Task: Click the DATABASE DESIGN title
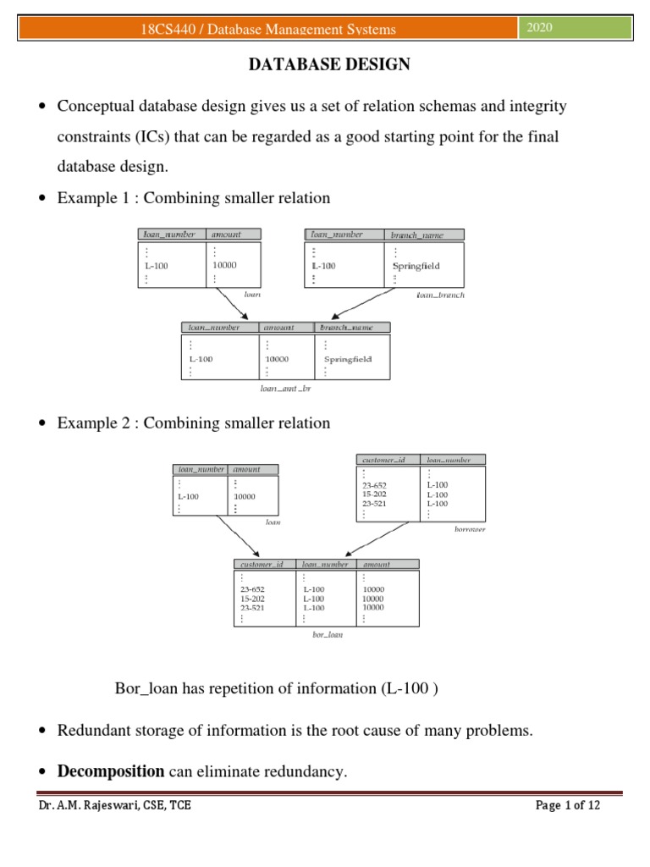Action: pyautogui.click(x=328, y=65)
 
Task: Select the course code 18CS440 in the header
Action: pyautogui.click(x=172, y=30)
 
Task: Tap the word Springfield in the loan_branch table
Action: pyautogui.click(x=416, y=266)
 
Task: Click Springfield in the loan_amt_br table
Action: pyautogui.click(x=347, y=358)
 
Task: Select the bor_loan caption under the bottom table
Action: pyautogui.click(x=328, y=634)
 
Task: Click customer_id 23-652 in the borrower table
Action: pyautogui.click(x=374, y=486)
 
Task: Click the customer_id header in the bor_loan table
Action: pyautogui.click(x=262, y=564)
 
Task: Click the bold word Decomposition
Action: pyautogui.click(x=110, y=770)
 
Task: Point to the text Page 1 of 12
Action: pyautogui.click(x=568, y=805)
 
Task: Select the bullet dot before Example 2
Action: pyautogui.click(x=42, y=423)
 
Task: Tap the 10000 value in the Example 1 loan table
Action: pyautogui.click(x=224, y=266)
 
